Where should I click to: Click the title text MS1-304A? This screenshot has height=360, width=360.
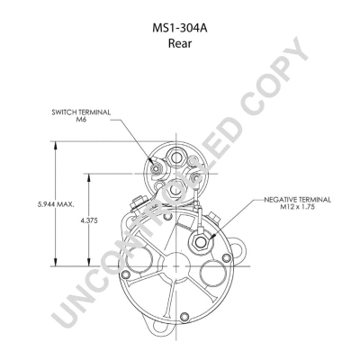(180, 29)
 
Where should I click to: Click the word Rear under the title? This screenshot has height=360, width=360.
(180, 43)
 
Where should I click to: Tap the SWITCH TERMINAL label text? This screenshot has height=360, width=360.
(81, 112)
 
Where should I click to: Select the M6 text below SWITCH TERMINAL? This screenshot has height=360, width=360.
(81, 120)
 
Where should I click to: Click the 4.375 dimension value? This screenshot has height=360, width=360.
(89, 220)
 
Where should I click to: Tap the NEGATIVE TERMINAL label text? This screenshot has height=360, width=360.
(298, 200)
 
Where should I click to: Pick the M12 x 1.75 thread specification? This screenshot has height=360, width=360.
(298, 207)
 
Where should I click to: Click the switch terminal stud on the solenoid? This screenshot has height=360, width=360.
(156, 169)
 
